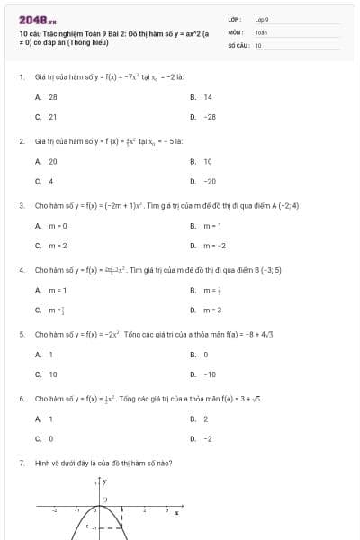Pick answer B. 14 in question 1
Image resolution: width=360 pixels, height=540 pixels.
pyautogui.click(x=202, y=96)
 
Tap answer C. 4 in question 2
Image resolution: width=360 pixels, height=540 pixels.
pyautogui.click(x=45, y=181)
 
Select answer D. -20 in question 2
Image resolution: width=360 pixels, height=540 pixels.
pyautogui.click(x=203, y=181)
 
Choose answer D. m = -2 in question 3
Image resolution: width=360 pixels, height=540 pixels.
pyautogui.click(x=207, y=245)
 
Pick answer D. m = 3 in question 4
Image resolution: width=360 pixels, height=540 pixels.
pyautogui.click(x=206, y=310)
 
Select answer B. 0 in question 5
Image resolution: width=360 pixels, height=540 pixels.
pyautogui.click(x=200, y=354)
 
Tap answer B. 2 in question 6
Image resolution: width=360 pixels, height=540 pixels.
pyautogui.click(x=200, y=418)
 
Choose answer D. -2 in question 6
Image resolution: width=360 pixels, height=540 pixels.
pyautogui.click(x=202, y=438)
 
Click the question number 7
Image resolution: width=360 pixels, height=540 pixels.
pyautogui.click(x=21, y=463)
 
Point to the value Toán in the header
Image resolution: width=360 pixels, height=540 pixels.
pyautogui.click(x=261, y=31)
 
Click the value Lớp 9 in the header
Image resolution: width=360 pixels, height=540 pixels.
pyautogui.click(x=262, y=19)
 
